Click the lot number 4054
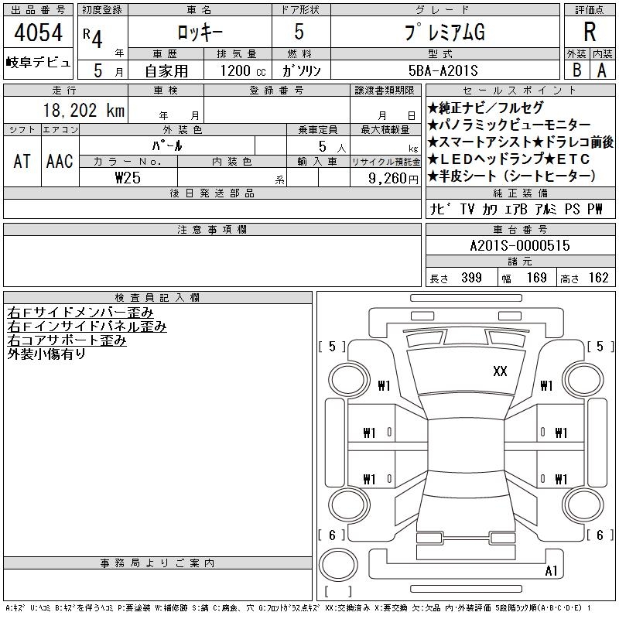[x=38, y=32]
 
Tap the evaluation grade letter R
[x=590, y=32]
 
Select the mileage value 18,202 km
[x=84, y=110]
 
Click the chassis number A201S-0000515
[x=520, y=245]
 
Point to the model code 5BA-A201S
[x=443, y=70]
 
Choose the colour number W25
[x=128, y=178]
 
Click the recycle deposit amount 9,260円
[x=393, y=179]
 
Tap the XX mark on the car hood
[x=500, y=371]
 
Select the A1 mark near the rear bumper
[x=551, y=570]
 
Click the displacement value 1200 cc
[x=243, y=70]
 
